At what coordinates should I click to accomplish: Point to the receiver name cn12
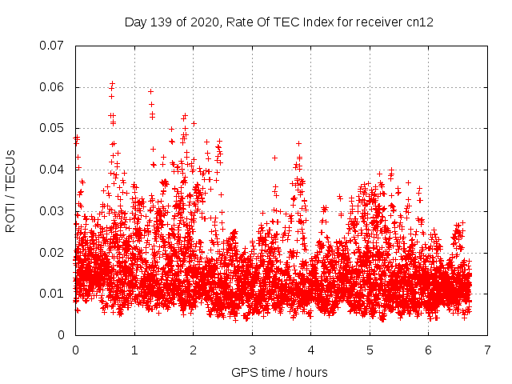coord(421,22)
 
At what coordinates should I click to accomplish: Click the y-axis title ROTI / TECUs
coord(11,190)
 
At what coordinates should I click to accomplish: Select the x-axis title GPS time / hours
coord(279,372)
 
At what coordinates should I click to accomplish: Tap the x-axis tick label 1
coord(134,350)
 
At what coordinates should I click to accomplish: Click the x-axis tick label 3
coord(252,350)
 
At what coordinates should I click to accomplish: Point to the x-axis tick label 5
coord(370,350)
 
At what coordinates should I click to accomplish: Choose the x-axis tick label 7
coord(487,350)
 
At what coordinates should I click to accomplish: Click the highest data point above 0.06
coord(113,82)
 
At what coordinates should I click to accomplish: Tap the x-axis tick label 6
coord(429,350)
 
